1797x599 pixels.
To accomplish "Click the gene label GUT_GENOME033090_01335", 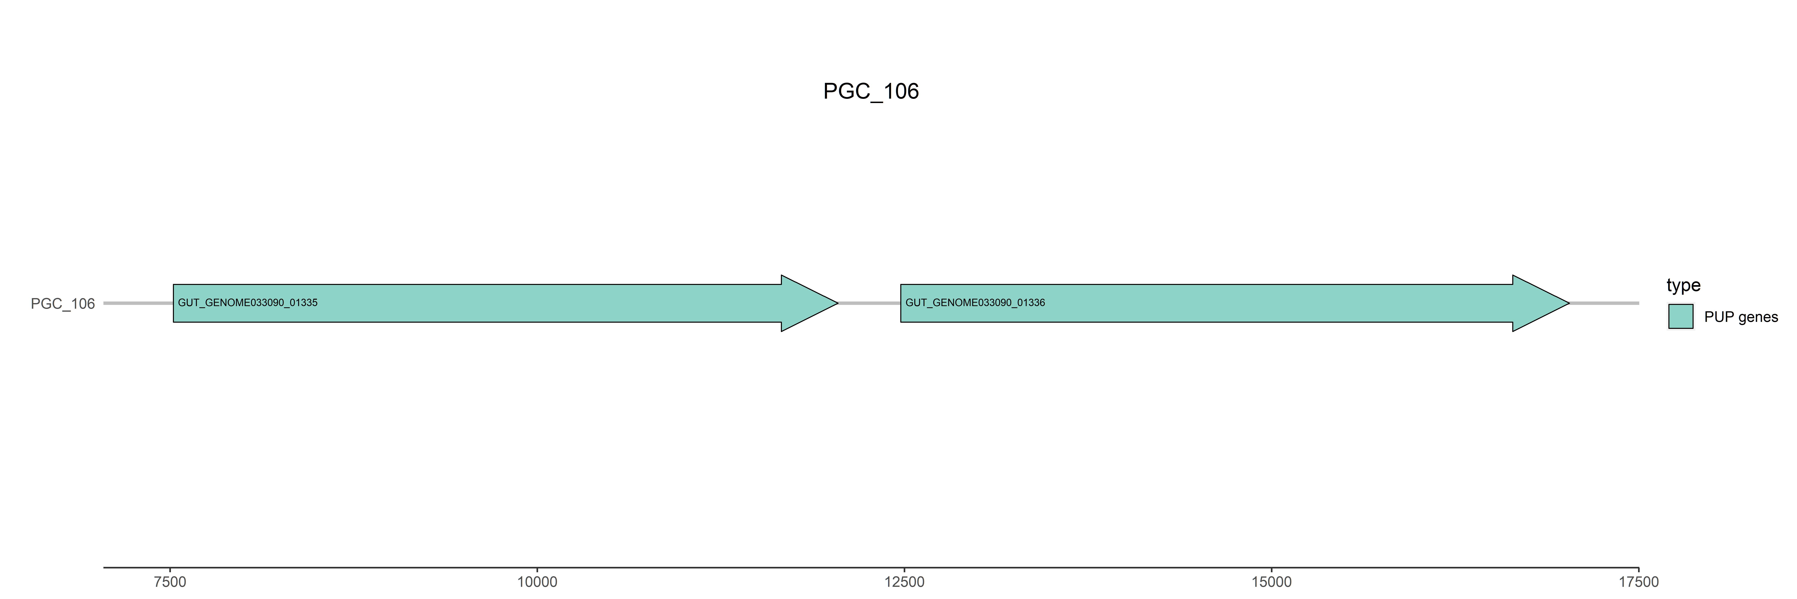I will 248,303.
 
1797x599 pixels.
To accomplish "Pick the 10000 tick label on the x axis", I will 537,582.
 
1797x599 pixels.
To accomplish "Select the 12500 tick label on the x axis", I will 904,582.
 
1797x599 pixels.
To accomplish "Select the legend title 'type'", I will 1683,285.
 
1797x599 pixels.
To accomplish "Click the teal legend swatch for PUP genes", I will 1681,317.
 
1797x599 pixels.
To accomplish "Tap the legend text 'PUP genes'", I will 1740,317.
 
